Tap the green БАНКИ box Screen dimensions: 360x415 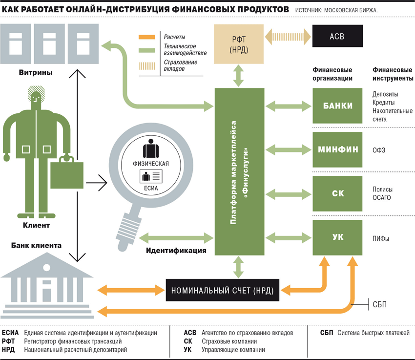coord(337,106)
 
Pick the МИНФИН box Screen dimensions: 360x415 coord(337,149)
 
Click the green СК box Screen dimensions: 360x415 coord(337,193)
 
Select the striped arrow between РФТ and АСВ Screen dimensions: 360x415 coord(288,36)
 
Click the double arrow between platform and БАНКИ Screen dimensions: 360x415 coord(288,106)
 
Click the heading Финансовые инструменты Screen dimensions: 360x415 coord(393,74)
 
